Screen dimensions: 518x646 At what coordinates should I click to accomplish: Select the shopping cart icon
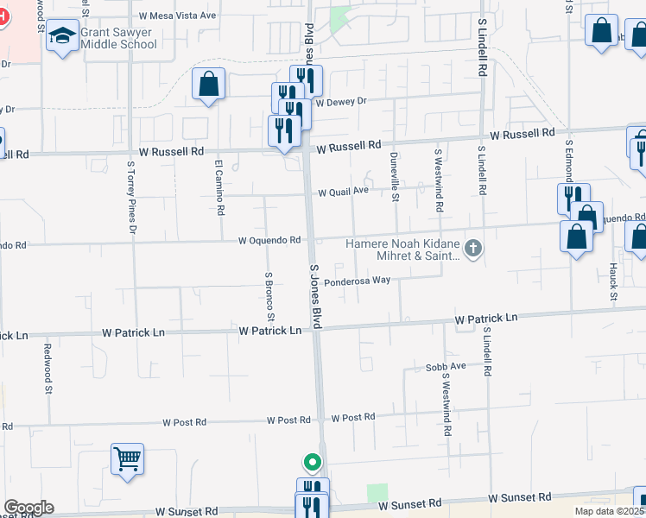[127, 458]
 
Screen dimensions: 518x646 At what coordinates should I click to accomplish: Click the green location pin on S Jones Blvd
[313, 461]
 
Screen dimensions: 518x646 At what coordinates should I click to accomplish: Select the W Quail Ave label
[343, 192]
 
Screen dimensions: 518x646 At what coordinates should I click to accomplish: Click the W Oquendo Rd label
[269, 240]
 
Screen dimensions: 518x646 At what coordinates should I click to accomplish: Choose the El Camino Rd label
[220, 186]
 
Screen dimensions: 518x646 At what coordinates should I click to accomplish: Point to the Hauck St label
[613, 283]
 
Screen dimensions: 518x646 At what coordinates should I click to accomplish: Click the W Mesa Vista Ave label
[177, 16]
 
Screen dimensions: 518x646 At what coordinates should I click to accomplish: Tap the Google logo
[28, 508]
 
